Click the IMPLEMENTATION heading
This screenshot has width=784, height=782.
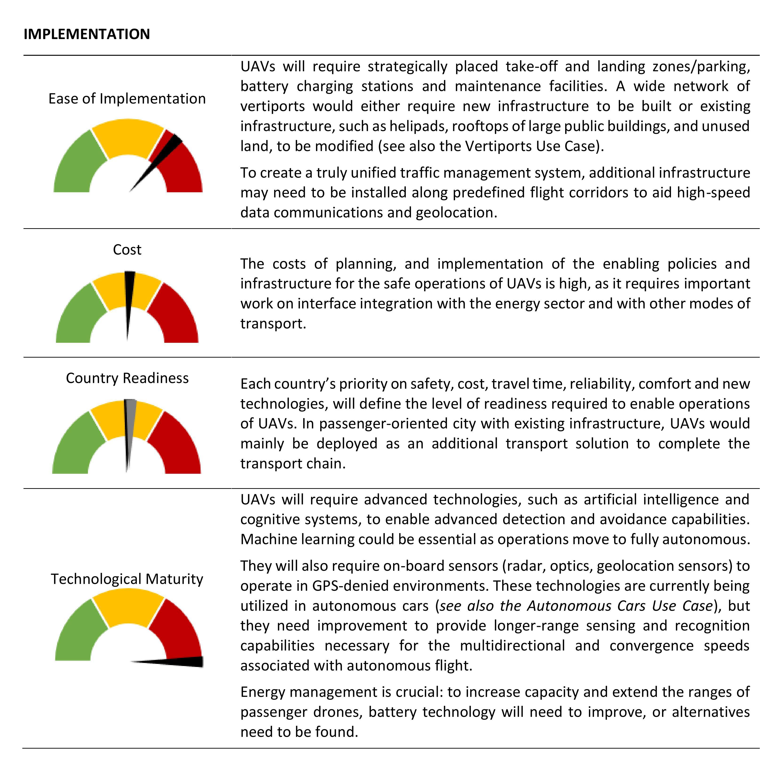[x=87, y=34]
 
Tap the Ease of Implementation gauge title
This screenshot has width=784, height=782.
[x=127, y=99]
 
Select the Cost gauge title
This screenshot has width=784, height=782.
[x=127, y=249]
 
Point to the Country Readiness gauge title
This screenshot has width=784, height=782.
[x=127, y=378]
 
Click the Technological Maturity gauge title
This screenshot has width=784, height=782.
[x=127, y=579]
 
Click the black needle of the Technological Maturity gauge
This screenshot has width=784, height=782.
[x=179, y=662]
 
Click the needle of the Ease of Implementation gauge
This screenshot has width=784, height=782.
[x=158, y=160]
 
